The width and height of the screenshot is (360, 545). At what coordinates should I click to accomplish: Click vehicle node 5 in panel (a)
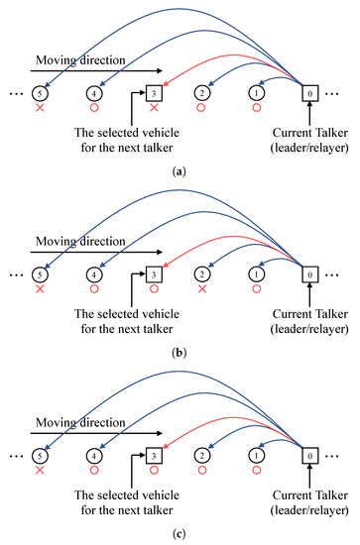[40, 93]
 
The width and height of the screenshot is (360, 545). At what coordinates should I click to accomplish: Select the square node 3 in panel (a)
[154, 93]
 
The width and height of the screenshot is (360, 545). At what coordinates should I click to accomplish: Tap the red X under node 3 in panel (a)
[154, 107]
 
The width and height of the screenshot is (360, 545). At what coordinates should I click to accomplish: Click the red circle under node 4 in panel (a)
[94, 107]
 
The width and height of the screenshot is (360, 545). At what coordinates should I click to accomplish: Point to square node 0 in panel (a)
[309, 93]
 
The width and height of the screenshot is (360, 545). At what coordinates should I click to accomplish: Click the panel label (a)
[180, 171]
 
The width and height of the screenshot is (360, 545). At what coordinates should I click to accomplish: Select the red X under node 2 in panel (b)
[201, 288]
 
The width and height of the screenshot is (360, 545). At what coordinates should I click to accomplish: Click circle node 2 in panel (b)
[201, 274]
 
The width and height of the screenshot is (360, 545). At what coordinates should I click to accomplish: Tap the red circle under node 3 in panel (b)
[154, 288]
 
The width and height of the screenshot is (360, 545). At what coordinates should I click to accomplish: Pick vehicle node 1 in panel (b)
[256, 274]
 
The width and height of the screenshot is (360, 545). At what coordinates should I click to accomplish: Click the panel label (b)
[180, 353]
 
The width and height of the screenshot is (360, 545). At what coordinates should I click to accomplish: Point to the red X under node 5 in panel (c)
[40, 470]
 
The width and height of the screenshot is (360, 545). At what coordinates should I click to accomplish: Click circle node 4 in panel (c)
[94, 456]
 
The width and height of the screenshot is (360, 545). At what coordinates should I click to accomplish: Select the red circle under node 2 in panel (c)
[201, 470]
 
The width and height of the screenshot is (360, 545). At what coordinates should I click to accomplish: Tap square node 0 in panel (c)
[309, 456]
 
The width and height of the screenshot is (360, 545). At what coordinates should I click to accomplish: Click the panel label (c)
[180, 534]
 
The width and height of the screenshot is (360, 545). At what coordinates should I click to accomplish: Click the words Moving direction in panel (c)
[80, 423]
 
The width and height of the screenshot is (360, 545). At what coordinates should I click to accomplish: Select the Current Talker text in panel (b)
[309, 314]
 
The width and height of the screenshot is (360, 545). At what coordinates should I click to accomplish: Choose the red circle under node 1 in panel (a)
[256, 107]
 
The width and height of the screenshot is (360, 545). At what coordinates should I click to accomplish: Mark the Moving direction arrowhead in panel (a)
[160, 71]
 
